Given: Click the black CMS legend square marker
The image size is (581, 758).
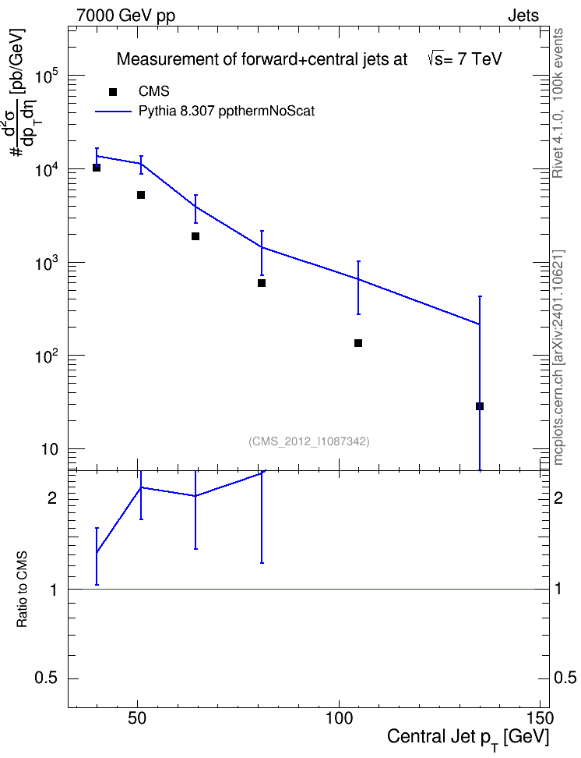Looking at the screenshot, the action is point(113,92).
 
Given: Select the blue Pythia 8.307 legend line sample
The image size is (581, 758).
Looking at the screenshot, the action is point(114,112).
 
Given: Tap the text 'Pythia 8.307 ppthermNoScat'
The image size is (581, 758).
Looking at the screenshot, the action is point(227,112).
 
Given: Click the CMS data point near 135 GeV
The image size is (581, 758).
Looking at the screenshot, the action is point(480,406).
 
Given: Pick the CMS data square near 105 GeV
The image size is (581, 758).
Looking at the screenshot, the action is point(358,343).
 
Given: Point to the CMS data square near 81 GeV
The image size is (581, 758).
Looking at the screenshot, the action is point(262,283).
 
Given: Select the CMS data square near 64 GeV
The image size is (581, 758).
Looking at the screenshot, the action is point(195,236).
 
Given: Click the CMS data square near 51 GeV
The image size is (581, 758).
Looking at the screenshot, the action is point(141,195).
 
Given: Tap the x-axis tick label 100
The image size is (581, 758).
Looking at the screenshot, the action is point(339,719).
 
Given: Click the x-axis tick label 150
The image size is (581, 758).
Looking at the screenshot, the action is point(539,719).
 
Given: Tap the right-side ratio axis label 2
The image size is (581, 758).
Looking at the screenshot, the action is point(558,498).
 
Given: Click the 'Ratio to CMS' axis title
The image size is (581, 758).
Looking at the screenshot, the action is point(22,590).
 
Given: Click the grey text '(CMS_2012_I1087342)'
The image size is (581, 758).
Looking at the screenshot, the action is point(309,441).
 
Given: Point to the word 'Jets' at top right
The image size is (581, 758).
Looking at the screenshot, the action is point(523,16).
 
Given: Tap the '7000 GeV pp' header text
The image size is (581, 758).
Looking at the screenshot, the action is point(125,16).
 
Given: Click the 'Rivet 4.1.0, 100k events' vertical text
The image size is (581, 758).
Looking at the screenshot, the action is point(558,103).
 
